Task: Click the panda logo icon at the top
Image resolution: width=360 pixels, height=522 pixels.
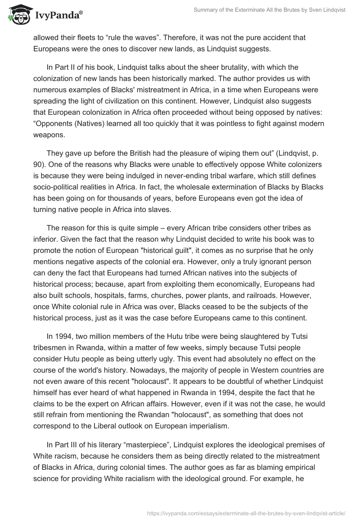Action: tap(18, 16)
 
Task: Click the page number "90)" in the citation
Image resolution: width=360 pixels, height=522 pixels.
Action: tap(40, 165)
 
